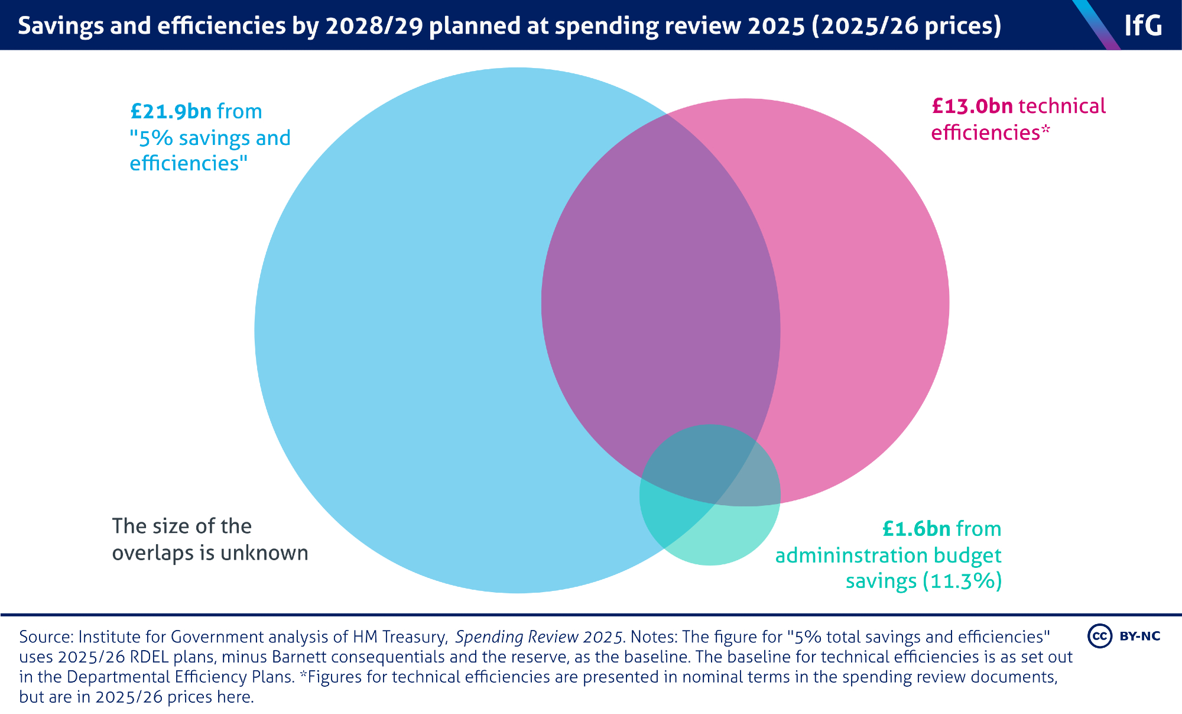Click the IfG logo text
tap(1142, 25)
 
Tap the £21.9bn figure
tap(171, 111)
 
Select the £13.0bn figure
tap(972, 106)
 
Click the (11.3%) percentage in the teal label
tap(962, 581)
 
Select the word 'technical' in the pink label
tap(1062, 106)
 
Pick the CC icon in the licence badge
tap(1099, 636)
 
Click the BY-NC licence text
tap(1140, 636)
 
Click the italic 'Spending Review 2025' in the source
tap(539, 637)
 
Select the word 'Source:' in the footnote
tap(46, 637)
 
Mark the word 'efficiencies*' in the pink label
tap(991, 133)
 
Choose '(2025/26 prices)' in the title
tap(907, 25)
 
